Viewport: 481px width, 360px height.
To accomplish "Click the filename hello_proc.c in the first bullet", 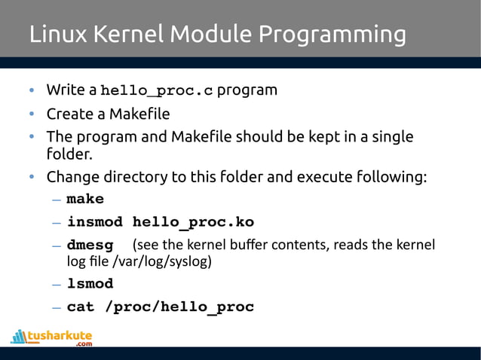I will point(158,91).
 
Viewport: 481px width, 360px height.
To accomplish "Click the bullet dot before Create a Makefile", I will point(32,115).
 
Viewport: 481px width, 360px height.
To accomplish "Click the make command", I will point(85,200).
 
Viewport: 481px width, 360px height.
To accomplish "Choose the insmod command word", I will point(97,223).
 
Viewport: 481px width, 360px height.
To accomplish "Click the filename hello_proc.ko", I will point(193,223).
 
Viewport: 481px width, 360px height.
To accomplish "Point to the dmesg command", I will point(90,246).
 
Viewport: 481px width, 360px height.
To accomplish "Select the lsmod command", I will point(90,284).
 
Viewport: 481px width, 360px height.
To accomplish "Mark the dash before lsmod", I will point(57,285).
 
